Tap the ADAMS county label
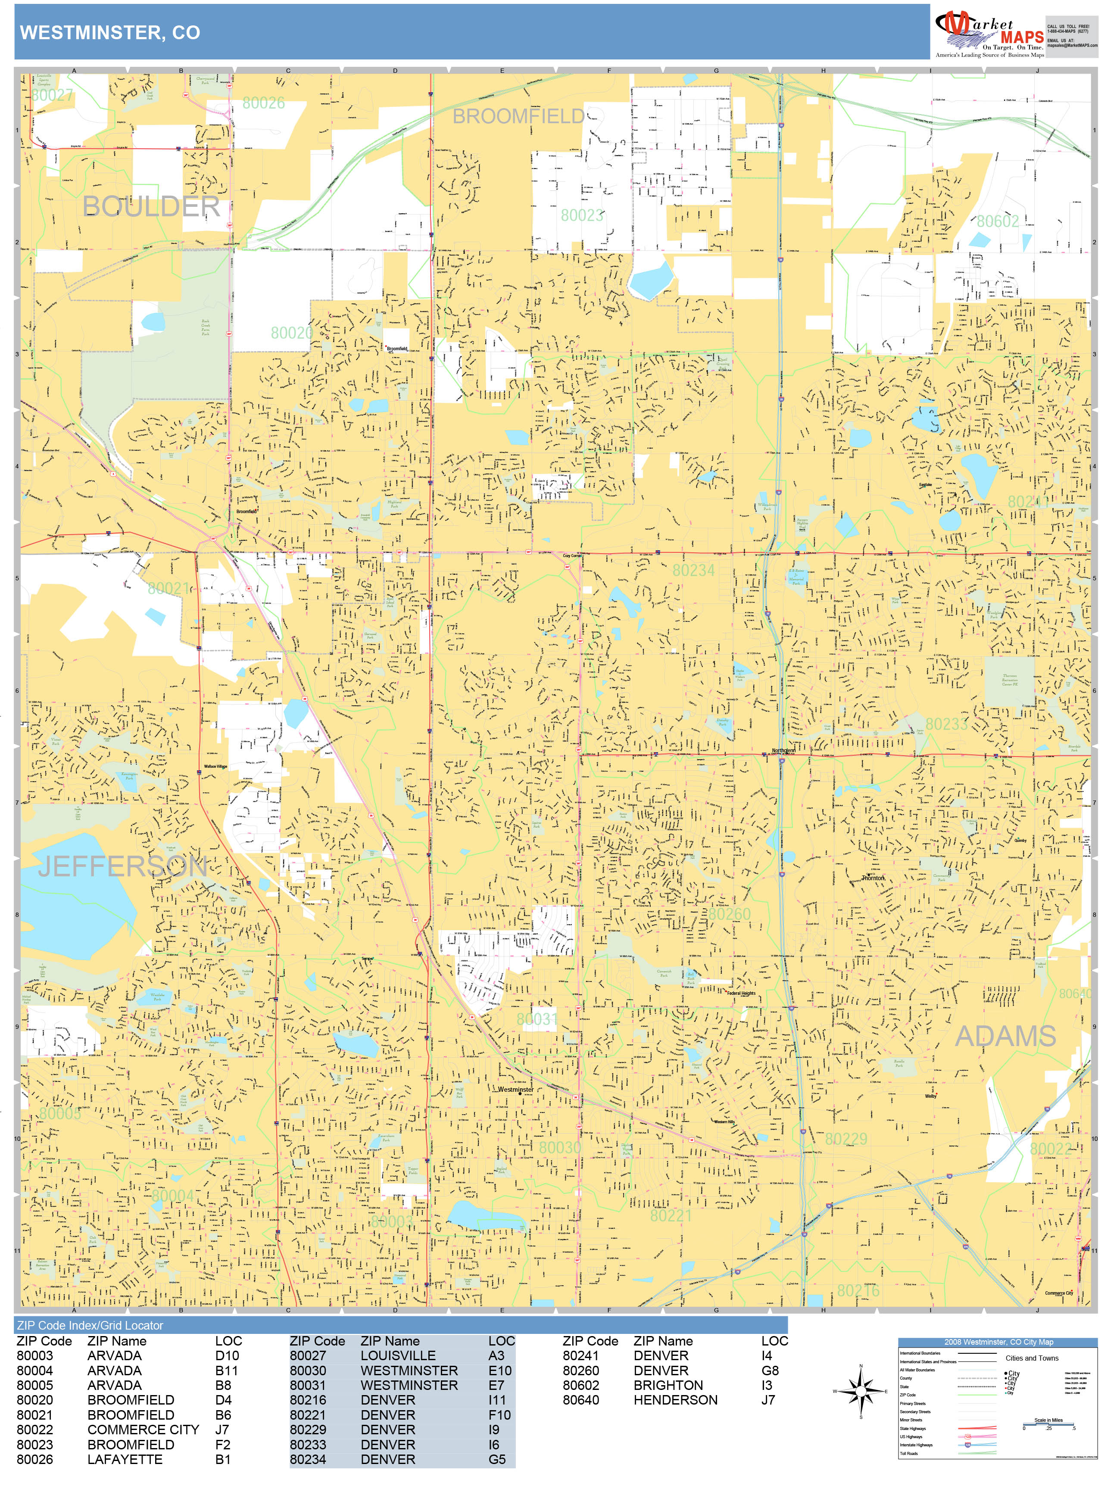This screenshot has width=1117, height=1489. click(1005, 1037)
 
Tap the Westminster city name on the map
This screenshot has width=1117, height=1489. click(516, 1089)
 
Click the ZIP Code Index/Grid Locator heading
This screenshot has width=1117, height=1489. click(90, 1325)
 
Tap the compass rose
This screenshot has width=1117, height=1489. click(861, 1391)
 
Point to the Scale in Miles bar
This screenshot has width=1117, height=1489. click(1048, 1424)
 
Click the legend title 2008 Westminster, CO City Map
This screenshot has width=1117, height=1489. click(998, 1342)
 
